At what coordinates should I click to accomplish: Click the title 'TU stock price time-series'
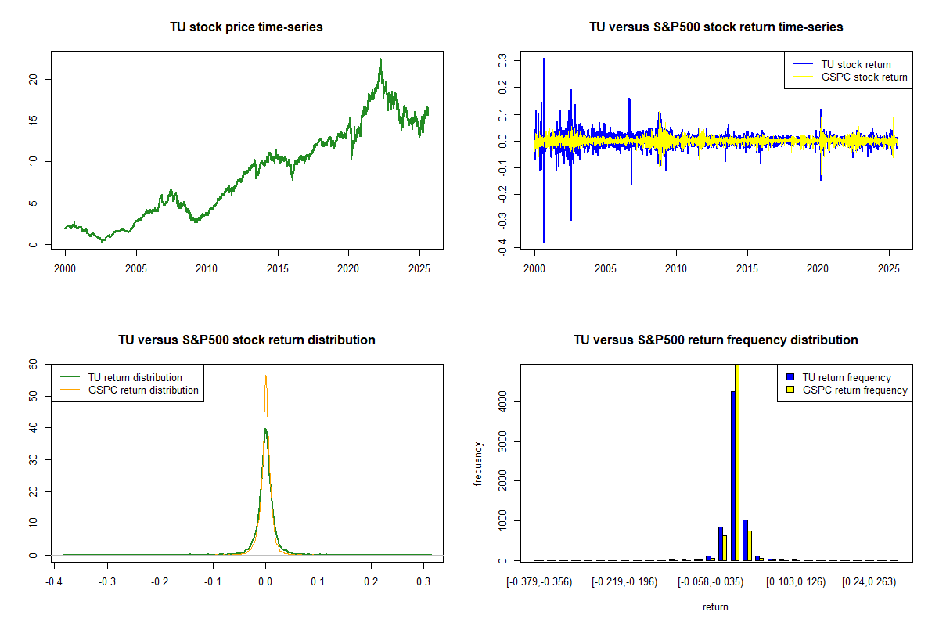[x=246, y=27]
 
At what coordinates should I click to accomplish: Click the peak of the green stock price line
[x=380, y=59]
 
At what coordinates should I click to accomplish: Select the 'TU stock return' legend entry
[x=855, y=64]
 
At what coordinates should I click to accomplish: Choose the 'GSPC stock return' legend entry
[x=864, y=77]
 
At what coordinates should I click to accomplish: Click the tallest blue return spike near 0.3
[x=543, y=59]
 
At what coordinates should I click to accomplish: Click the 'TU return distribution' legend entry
[x=135, y=377]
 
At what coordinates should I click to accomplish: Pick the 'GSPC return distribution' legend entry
[x=143, y=390]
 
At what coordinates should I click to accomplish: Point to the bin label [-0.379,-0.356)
[x=539, y=581]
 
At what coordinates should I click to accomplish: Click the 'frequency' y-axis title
[x=478, y=463]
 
